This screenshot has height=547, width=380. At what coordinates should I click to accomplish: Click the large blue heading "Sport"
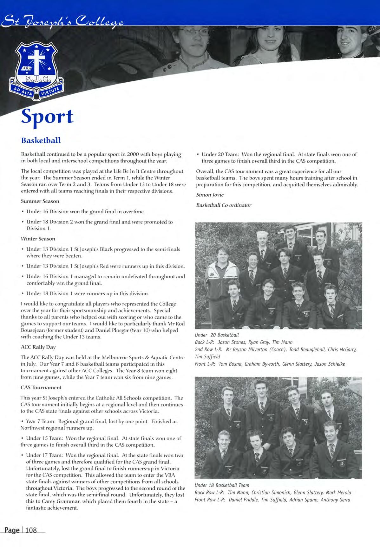click(x=47, y=117)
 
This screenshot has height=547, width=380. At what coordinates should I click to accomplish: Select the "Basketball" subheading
click(x=41, y=140)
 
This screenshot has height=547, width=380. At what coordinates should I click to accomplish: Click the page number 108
click(x=31, y=530)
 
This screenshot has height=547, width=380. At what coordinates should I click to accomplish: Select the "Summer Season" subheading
click(x=40, y=201)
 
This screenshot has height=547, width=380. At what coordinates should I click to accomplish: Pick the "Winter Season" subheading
click(x=38, y=239)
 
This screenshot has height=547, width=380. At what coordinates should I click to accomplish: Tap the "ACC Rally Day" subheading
click(x=38, y=347)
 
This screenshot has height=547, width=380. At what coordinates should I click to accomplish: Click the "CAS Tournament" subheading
click(x=41, y=387)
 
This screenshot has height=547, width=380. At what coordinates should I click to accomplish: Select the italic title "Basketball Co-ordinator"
click(x=224, y=205)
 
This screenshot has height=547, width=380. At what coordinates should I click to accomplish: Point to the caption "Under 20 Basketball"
click(x=217, y=335)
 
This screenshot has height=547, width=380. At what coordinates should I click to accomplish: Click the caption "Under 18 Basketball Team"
click(x=222, y=485)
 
